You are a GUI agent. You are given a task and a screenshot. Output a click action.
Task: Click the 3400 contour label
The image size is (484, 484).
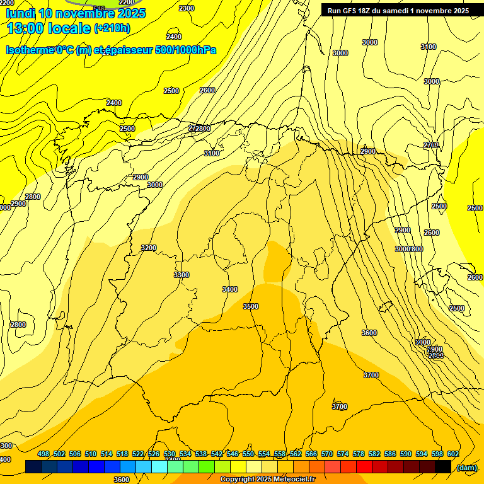pos(230,289)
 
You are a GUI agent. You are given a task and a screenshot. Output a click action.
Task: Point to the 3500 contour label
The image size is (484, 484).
pos(251,306)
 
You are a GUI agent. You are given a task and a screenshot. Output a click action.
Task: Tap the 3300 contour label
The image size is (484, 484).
pos(181,275)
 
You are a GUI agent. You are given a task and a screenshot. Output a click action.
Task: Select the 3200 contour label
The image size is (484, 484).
pos(149,248)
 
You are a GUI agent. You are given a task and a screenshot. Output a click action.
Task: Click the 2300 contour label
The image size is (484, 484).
pos(187,8)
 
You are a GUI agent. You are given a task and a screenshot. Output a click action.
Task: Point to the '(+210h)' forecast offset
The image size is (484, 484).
pos(112,28)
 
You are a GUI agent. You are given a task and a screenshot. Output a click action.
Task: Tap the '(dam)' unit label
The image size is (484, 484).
pos(466,467)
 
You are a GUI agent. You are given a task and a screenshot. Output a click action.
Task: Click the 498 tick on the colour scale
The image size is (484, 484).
pos(43,454)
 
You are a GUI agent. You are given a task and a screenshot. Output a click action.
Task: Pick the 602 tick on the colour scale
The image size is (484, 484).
pos(453,454)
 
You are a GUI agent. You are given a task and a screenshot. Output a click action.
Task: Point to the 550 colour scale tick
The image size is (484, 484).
pos(248,454)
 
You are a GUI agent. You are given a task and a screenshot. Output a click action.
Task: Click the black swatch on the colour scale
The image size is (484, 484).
pos(443,467)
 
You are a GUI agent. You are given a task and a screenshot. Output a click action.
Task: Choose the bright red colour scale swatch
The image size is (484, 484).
pos(364,467)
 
